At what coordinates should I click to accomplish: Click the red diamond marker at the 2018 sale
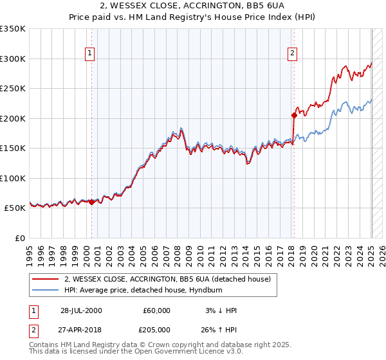pyautogui.click(x=294, y=116)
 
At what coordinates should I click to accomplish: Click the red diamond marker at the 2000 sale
pyautogui.click(x=91, y=202)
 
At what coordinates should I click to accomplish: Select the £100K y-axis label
pyautogui.click(x=12, y=178)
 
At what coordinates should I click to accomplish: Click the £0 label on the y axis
pyautogui.click(x=20, y=238)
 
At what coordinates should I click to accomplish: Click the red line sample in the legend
pyautogui.click(x=44, y=280)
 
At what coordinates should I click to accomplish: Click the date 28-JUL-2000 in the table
pyautogui.click(x=81, y=310)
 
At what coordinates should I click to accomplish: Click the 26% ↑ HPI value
pyautogui.click(x=219, y=331)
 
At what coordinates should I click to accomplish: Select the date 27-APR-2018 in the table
pyautogui.click(x=81, y=331)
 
